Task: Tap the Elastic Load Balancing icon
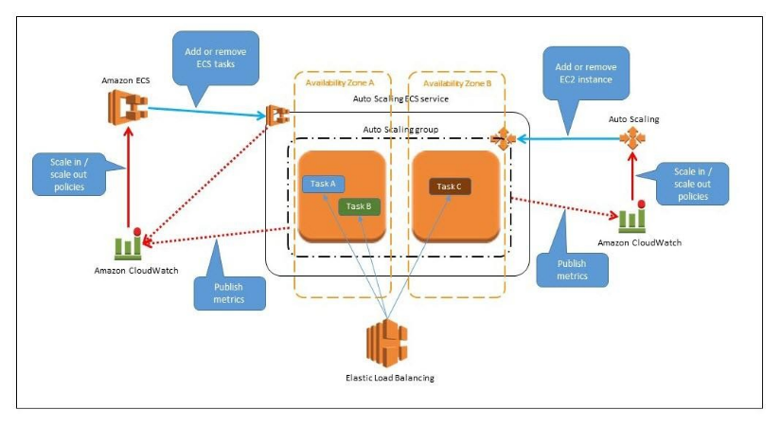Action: click(x=386, y=343)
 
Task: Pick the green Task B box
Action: click(x=359, y=205)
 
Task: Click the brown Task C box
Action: click(x=451, y=187)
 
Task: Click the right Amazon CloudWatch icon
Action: click(x=631, y=218)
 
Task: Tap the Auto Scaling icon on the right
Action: click(x=631, y=139)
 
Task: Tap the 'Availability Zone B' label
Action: click(x=457, y=83)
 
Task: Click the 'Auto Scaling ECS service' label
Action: click(x=400, y=98)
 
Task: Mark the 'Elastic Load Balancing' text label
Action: click(x=387, y=378)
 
